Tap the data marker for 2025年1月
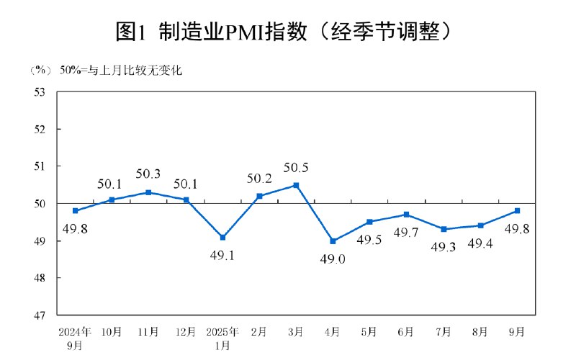click(x=222, y=237)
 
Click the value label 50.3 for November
click(x=148, y=174)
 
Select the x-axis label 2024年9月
click(x=75, y=338)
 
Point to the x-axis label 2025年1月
click(x=222, y=338)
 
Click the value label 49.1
click(x=222, y=256)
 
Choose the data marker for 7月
click(x=444, y=229)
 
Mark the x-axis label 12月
click(x=185, y=332)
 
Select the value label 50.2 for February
click(x=258, y=177)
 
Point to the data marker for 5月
click(x=369, y=222)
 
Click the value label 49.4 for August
click(x=480, y=243)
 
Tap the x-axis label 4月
click(x=333, y=332)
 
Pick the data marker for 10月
click(x=112, y=200)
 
